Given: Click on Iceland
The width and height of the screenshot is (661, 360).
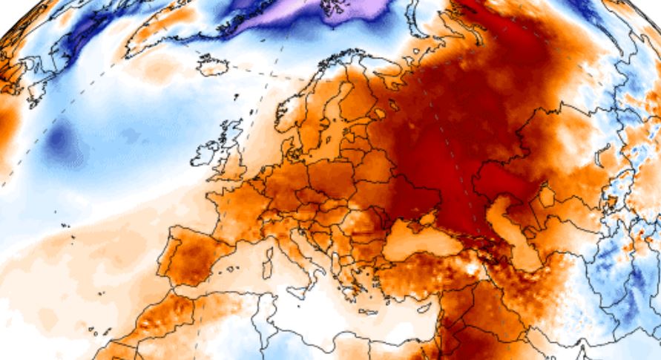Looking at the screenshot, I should pyautogui.click(x=212, y=65).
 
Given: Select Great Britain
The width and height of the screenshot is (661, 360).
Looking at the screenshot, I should pyautogui.click(x=231, y=152).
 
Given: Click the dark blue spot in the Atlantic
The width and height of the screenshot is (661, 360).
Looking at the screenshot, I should pyautogui.click(x=59, y=142).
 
